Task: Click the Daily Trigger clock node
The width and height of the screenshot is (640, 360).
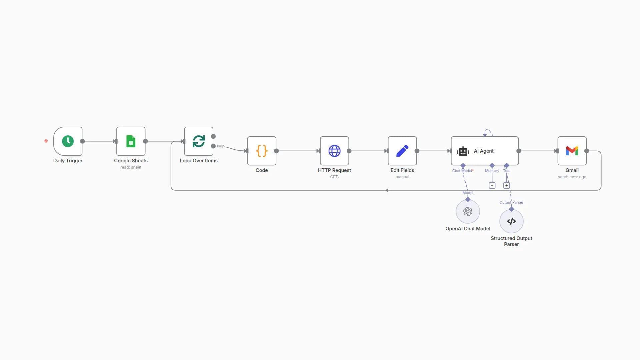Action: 68,141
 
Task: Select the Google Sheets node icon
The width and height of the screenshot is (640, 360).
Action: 131,141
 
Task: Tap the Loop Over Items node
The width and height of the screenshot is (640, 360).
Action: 199,141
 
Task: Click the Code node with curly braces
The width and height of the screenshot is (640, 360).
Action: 262,151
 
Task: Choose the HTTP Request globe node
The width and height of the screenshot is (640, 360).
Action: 334,151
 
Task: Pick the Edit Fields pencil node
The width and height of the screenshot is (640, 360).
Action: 402,151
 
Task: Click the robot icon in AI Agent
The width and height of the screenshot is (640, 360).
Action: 463,151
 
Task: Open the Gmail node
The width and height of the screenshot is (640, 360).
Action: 572,151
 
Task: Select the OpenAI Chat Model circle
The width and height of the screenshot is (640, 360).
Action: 468,211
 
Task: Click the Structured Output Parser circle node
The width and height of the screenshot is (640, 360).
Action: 511,221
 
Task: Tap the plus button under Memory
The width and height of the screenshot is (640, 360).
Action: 492,185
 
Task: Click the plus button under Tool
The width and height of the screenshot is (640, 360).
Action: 507,185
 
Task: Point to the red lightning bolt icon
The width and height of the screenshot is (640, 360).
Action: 46,141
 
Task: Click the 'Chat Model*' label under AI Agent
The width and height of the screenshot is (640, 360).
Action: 462,171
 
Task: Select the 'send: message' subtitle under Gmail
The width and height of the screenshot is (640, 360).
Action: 572,177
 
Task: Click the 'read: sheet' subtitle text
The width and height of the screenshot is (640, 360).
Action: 131,167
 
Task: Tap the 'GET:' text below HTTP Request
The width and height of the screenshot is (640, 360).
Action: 334,177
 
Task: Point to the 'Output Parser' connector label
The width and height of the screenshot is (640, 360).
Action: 511,202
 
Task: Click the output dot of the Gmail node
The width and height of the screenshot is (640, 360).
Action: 587,151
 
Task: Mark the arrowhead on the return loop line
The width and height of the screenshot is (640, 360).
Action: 387,190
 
